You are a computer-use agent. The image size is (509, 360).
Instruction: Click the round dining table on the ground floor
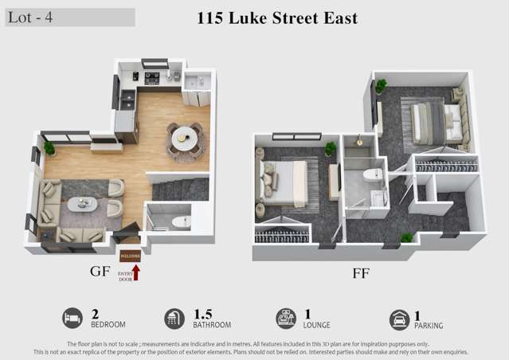click(x=185, y=137)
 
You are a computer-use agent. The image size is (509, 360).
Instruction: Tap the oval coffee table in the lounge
click(x=82, y=204)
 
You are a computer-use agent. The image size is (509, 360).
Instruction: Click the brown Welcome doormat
click(x=130, y=256)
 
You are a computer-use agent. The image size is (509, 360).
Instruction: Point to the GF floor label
click(x=100, y=272)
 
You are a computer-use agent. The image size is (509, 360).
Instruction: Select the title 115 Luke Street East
click(x=276, y=18)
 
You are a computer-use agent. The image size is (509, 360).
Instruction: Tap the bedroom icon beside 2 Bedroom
click(x=72, y=319)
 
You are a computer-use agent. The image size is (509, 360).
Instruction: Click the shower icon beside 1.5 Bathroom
click(x=174, y=319)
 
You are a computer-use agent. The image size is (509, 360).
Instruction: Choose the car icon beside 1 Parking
click(x=399, y=319)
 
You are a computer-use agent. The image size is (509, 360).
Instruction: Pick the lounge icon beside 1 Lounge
click(x=286, y=319)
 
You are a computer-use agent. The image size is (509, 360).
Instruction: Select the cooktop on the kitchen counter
click(x=151, y=78)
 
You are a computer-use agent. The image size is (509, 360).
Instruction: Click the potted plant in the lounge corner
click(x=49, y=147)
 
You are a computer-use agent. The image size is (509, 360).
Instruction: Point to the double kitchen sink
click(x=127, y=100)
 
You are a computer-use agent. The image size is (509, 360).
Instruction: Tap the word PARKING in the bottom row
click(x=429, y=325)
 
